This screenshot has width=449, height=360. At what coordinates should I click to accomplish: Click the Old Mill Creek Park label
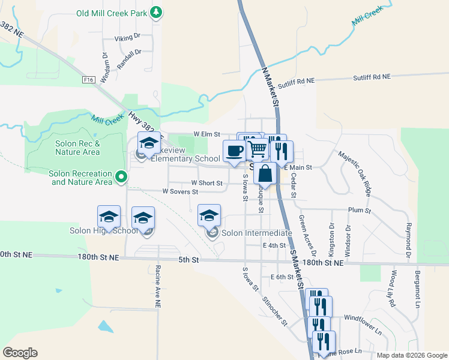(x=112, y=13)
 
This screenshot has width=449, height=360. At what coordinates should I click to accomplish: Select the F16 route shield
(x=89, y=79)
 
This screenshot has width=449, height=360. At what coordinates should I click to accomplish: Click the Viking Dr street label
(x=127, y=37)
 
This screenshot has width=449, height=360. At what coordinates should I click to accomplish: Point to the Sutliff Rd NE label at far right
(x=371, y=77)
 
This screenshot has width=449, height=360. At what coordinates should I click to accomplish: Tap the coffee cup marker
(x=234, y=150)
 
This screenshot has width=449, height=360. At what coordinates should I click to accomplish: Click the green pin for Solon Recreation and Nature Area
(x=121, y=177)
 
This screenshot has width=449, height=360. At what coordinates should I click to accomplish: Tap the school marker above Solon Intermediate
(x=209, y=215)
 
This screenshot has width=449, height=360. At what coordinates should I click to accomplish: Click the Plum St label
(x=360, y=211)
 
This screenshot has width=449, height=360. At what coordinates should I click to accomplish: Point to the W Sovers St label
(x=179, y=191)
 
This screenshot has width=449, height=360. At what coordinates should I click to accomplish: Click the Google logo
(x=20, y=353)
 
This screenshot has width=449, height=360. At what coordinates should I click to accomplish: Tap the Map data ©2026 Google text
(x=411, y=355)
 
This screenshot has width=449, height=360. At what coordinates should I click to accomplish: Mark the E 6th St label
(x=282, y=277)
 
